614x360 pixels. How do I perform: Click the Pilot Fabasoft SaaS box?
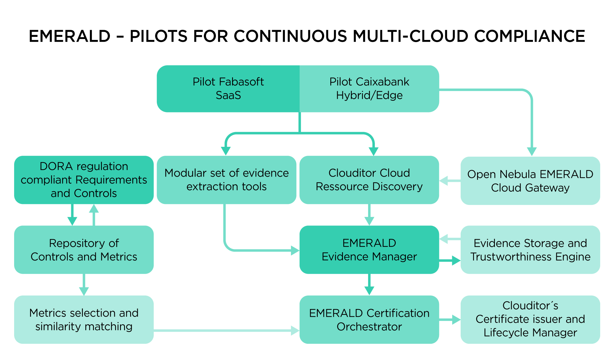[228, 88]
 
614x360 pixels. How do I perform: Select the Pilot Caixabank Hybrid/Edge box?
[369, 88]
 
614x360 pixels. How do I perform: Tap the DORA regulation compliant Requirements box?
[84, 180]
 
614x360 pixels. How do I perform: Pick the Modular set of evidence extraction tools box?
[226, 180]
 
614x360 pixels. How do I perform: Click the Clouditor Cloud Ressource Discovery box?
[369, 180]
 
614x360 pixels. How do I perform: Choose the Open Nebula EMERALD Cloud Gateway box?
[530, 181]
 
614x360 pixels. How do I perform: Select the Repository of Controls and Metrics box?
[84, 250]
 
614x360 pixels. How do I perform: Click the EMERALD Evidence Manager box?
[369, 250]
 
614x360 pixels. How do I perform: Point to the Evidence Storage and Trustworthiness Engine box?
[530, 250]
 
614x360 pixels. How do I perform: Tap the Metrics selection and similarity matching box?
[84, 319]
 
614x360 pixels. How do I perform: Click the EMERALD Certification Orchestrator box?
[369, 319]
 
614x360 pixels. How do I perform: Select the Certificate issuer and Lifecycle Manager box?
[530, 319]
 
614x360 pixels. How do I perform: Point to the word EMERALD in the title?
[70, 36]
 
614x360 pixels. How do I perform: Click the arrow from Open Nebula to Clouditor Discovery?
[450, 181]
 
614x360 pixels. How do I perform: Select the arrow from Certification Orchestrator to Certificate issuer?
[450, 320]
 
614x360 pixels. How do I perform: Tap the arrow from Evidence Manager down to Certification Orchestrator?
[369, 284]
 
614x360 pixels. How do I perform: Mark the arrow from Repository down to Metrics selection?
[84, 285]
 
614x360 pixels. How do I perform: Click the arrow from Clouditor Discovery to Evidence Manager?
[369, 215]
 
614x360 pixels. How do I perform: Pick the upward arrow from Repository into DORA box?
[94, 215]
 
